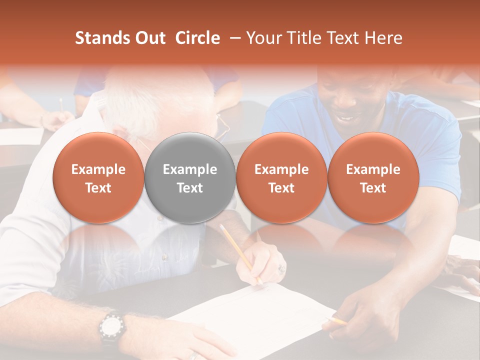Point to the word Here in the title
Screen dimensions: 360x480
(384, 38)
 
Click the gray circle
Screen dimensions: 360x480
(190, 178)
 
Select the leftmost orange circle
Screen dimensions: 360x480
(98, 178)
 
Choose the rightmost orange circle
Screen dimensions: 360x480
(373, 178)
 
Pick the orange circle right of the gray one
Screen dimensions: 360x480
(281, 178)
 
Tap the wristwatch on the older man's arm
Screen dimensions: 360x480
(110, 327)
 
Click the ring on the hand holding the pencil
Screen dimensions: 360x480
(282, 268)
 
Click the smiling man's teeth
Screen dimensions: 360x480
(344, 119)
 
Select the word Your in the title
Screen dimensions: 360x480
(264, 38)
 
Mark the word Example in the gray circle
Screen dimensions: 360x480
(190, 169)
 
